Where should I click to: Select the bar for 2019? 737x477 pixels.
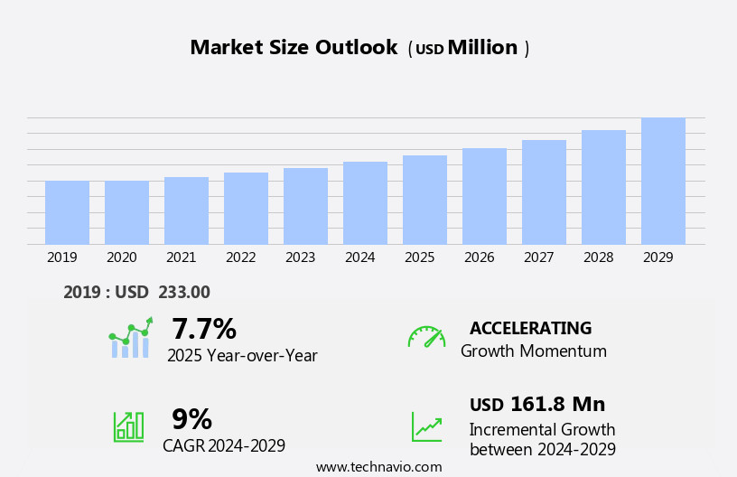[67, 212]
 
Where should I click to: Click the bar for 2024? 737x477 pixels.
[365, 203]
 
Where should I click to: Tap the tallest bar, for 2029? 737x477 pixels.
[663, 181]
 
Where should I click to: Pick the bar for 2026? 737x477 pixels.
[484, 196]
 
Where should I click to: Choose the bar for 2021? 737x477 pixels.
[186, 210]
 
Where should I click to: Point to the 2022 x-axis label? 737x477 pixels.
[240, 257]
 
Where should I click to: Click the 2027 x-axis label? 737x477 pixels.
[538, 257]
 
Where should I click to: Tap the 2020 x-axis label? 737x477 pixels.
[121, 257]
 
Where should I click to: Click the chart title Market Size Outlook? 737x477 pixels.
[294, 48]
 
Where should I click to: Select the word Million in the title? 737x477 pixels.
[482, 48]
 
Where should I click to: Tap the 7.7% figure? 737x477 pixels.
[204, 329]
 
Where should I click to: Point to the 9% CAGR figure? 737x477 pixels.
[191, 419]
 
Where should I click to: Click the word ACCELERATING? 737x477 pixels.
[530, 328]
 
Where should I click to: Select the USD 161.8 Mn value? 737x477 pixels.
[536, 404]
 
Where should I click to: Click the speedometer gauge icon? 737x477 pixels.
[426, 337]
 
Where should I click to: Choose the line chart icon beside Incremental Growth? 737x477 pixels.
[426, 426]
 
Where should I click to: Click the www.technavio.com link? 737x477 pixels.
[378, 467]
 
